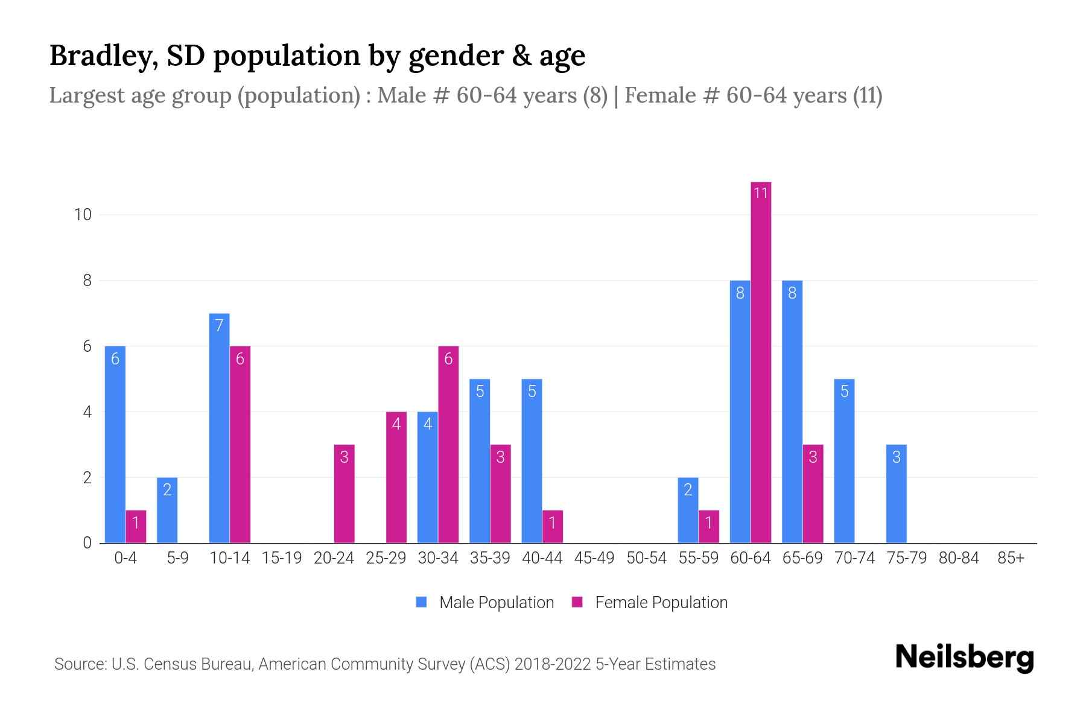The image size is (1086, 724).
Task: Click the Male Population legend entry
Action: coord(485,603)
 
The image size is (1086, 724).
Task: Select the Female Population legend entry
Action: coord(650,603)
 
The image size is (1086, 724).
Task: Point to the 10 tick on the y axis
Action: coord(82,215)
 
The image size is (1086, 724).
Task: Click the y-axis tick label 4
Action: coord(87,412)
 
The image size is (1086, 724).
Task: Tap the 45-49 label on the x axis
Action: coord(594,558)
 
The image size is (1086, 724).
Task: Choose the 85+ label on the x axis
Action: coord(1011,558)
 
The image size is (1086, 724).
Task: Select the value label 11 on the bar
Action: coord(761,193)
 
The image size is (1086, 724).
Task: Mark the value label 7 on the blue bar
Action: coord(219,326)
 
